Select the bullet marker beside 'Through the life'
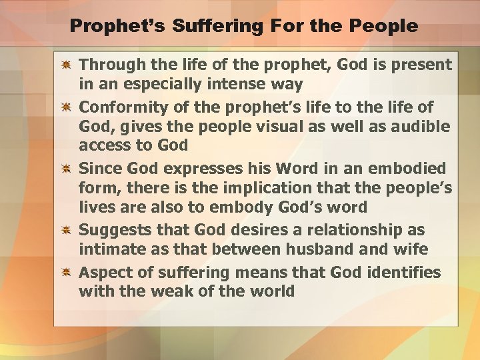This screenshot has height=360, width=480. pyautogui.click(x=67, y=65)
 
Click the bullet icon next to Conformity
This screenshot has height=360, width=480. pyautogui.click(x=67, y=107)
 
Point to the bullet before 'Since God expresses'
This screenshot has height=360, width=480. pyautogui.click(x=67, y=169)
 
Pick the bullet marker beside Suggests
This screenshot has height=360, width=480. pyautogui.click(x=67, y=231)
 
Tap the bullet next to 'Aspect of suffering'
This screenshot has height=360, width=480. pyautogui.click(x=67, y=272)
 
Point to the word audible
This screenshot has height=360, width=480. pyautogui.click(x=421, y=127)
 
